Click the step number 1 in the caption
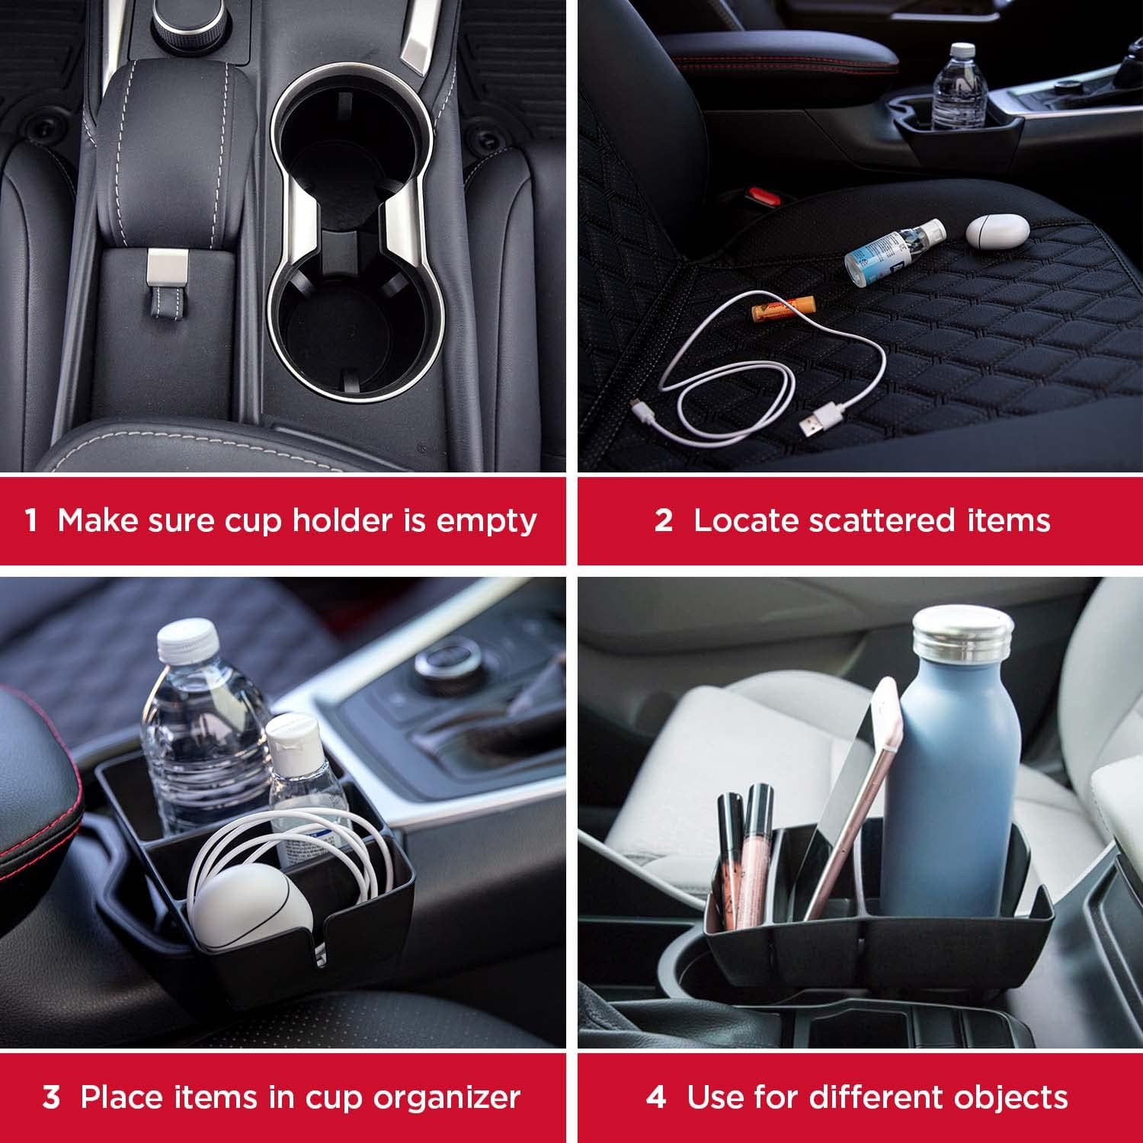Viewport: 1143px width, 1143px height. [30, 521]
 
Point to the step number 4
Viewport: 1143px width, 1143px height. [656, 1097]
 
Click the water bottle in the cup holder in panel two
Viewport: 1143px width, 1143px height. [958, 91]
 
